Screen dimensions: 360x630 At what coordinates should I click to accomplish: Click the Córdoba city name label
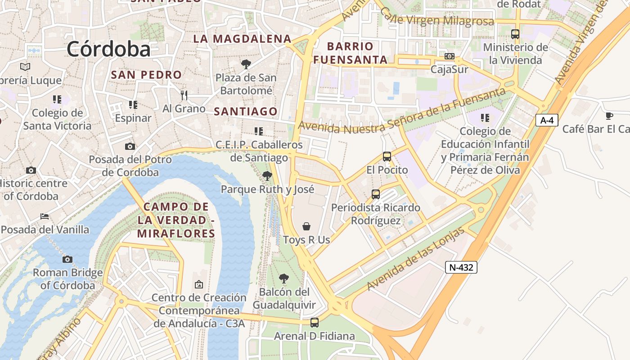(108, 49)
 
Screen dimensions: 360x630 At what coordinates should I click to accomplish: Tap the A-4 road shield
(547, 120)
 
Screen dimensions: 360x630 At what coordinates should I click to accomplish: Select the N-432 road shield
(461, 267)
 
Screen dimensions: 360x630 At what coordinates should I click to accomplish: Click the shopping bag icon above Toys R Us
(306, 226)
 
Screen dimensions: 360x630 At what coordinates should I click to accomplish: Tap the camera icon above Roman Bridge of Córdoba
(67, 259)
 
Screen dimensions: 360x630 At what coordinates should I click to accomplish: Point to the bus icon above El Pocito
(387, 157)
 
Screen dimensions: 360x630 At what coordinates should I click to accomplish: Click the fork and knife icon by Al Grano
(184, 95)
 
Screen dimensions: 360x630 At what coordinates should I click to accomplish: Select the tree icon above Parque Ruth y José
(267, 176)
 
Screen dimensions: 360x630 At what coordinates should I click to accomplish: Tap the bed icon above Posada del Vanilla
(45, 216)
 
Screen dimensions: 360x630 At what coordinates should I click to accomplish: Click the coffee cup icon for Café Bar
(609, 116)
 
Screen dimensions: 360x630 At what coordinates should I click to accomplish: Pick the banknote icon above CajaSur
(449, 56)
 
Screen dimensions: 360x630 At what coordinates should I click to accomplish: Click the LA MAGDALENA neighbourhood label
(243, 39)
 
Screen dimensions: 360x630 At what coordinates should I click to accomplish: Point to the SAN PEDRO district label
(146, 75)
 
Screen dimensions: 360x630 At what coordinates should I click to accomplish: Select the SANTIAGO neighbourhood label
(246, 111)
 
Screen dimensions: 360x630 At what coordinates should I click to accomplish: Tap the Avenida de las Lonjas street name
(415, 259)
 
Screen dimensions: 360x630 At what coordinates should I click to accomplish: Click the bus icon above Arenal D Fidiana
(314, 323)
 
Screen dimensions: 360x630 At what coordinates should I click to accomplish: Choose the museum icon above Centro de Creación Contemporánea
(198, 284)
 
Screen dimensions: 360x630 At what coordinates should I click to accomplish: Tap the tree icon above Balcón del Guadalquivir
(283, 279)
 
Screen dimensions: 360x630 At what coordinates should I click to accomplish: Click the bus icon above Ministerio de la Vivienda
(515, 34)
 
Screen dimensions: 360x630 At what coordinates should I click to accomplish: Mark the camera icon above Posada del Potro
(130, 146)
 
